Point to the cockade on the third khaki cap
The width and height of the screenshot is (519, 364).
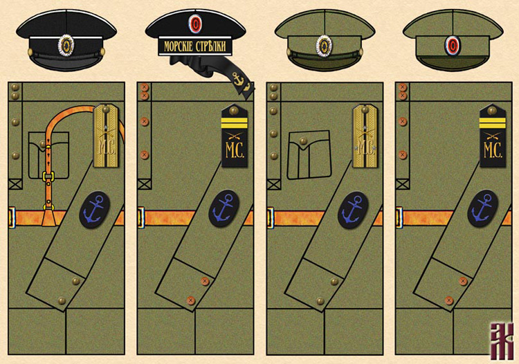point(323,45)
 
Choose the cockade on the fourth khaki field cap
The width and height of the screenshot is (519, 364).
point(453,45)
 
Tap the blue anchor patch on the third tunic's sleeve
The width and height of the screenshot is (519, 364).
point(353,210)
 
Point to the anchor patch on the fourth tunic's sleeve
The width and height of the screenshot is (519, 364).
point(482,208)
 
